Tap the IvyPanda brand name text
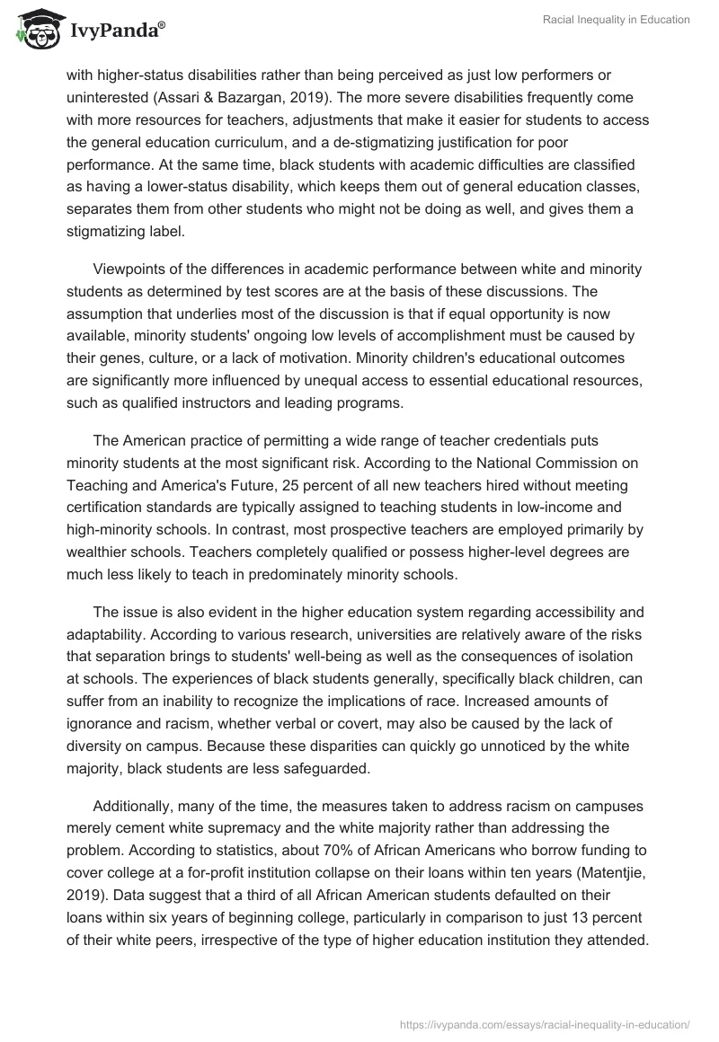point(112,31)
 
